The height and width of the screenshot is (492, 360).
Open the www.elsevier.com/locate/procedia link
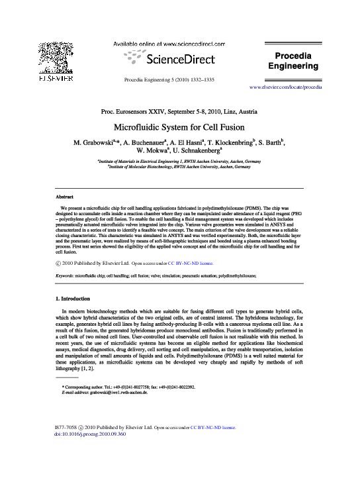coord(286,87)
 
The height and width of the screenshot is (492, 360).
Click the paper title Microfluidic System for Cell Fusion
coord(179,126)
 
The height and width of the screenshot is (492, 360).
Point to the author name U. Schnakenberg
coord(202,152)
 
